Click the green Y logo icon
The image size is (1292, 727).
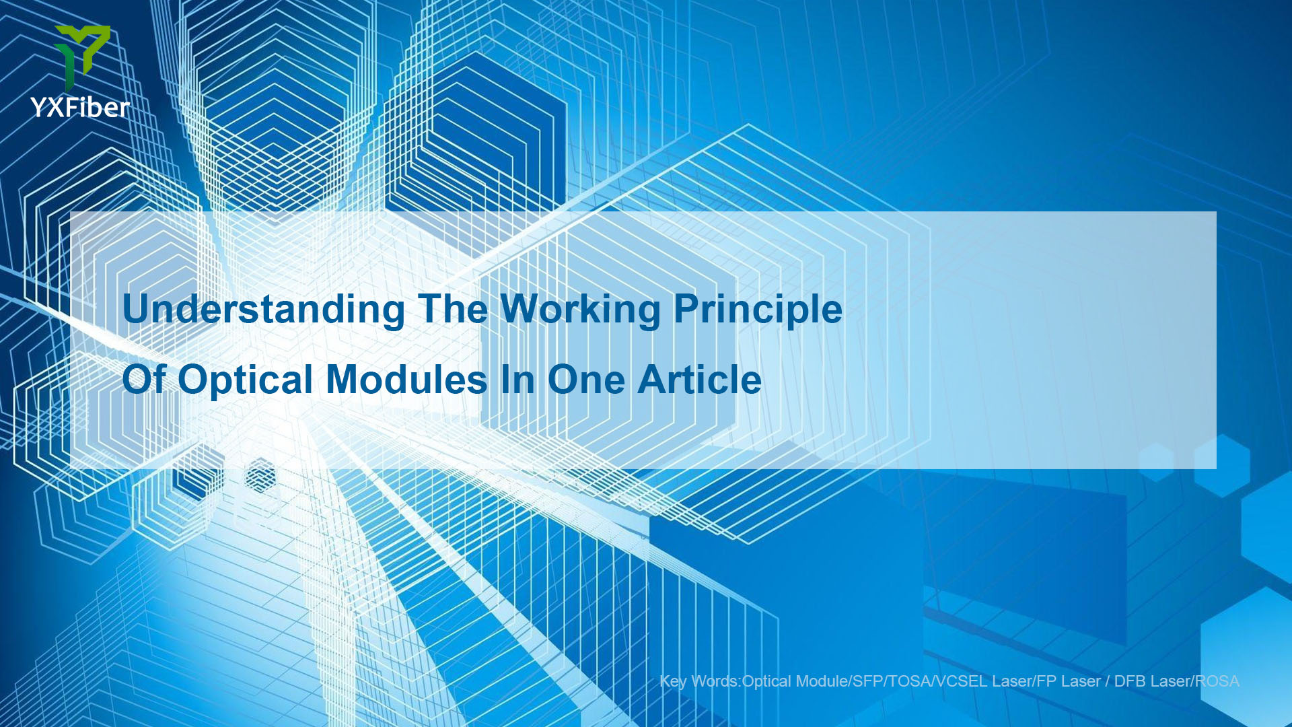point(82,55)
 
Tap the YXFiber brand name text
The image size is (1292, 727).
point(80,108)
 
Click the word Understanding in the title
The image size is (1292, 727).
point(264,309)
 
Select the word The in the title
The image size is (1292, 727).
point(452,309)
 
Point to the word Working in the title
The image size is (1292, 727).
point(581,310)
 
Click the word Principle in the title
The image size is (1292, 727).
point(758,310)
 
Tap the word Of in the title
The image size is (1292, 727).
point(144,379)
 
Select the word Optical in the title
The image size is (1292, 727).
point(246,380)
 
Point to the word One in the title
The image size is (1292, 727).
point(586,380)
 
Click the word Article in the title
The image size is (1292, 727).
point(700,380)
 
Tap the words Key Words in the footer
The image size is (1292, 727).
point(699,681)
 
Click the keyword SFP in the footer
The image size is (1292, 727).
point(868,681)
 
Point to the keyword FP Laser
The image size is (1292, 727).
point(1069,681)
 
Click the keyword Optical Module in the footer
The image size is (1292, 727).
point(795,681)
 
